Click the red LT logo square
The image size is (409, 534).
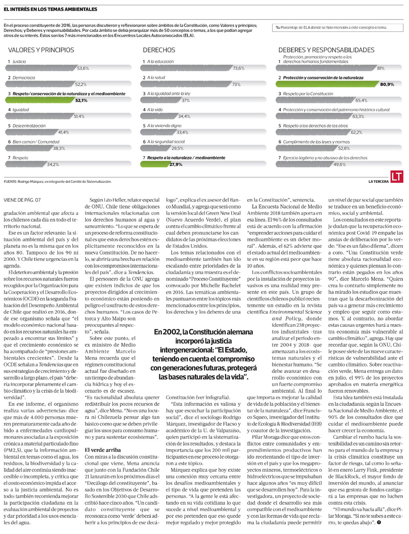click(397, 176)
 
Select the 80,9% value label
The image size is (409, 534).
click(387, 85)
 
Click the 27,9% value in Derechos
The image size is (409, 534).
click(176, 164)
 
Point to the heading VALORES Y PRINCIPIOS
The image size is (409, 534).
click(41, 50)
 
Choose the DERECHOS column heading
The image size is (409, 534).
click(159, 50)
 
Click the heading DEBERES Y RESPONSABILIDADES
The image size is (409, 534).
click(326, 50)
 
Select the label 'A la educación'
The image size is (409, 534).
click(160, 62)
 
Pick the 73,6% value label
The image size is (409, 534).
click(238, 69)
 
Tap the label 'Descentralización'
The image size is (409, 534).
click(29, 126)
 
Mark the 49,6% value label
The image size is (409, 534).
click(339, 164)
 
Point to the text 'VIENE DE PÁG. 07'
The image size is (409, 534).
click(22, 200)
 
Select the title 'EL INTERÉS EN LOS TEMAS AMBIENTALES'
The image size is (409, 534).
click(50, 9)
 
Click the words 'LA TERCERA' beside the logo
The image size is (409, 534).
click(378, 182)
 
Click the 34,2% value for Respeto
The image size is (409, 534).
click(53, 164)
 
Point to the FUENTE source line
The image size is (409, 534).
click(57, 182)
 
